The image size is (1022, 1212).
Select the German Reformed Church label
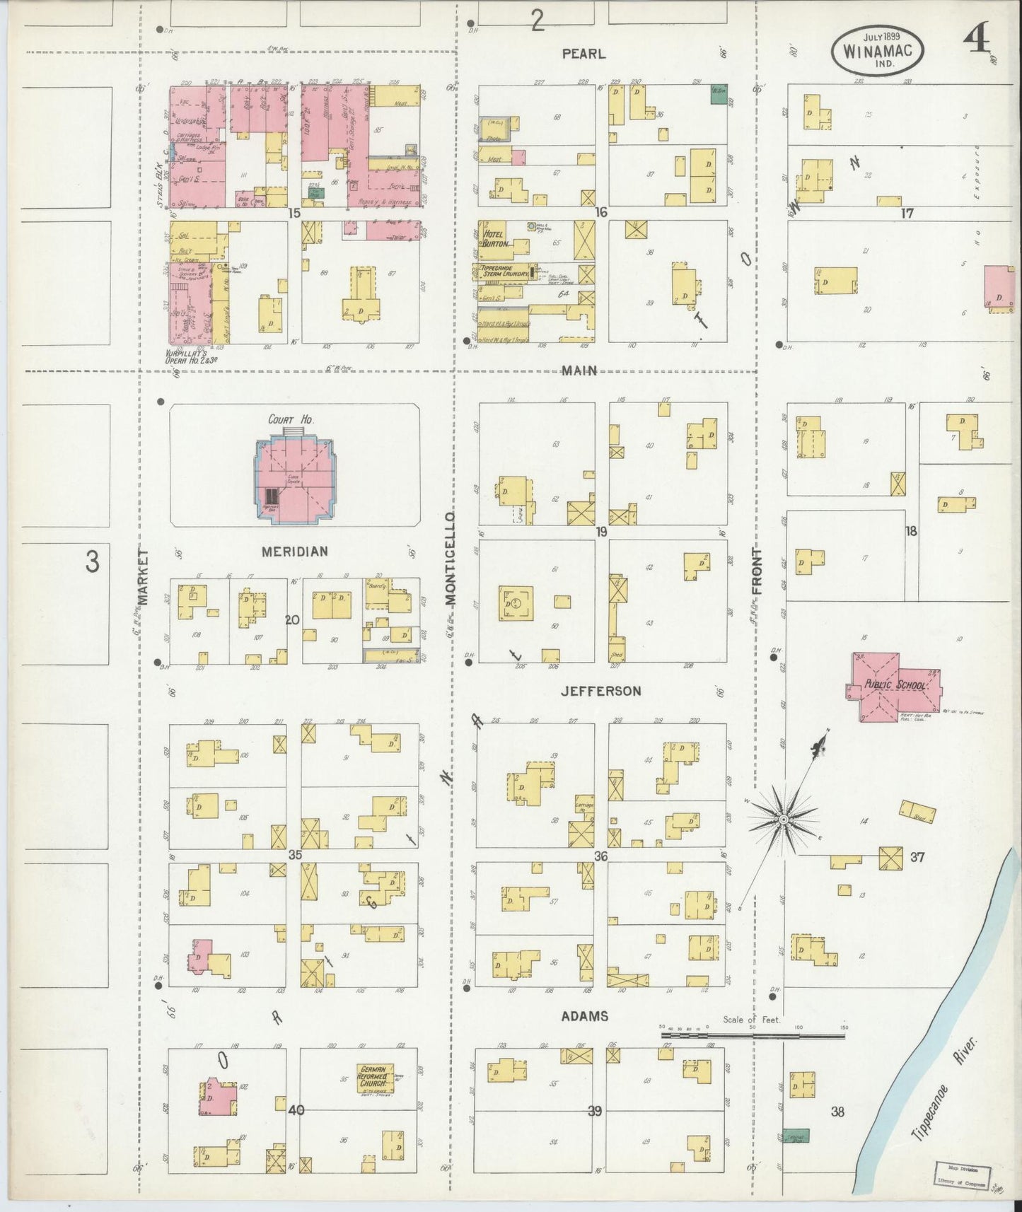(376, 1080)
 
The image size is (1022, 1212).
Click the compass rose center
(783, 819)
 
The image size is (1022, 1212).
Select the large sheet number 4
(977, 44)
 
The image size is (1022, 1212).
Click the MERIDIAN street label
(294, 552)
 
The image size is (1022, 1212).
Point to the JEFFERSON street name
(600, 691)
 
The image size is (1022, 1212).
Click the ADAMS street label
(584, 1016)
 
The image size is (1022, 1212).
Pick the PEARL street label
(583, 53)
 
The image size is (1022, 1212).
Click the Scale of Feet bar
(753, 1036)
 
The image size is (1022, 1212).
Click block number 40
(296, 1110)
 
